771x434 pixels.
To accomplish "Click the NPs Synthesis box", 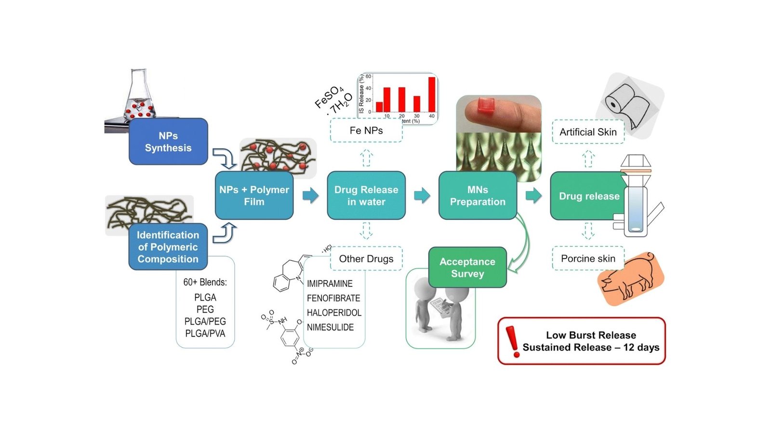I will click(168, 142).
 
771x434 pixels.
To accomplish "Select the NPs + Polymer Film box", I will click(254, 195).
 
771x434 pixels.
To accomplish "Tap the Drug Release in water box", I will click(366, 195).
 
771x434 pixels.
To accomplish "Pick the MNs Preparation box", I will click(478, 195).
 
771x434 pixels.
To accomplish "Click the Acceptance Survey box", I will click(467, 267).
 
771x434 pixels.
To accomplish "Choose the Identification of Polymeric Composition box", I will click(168, 246).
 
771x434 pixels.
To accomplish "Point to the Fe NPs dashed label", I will click(366, 131).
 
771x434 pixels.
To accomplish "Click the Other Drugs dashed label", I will click(366, 259).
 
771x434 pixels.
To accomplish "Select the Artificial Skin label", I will click(588, 132).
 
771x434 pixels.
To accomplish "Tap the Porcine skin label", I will click(588, 259).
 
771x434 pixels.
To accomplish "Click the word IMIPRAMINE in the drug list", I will click(330, 284).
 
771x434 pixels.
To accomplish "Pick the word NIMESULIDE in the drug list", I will click(330, 327).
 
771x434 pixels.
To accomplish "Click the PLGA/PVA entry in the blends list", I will click(205, 333).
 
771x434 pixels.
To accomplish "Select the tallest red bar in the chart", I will click(432, 94).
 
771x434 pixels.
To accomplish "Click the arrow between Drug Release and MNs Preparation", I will click(422, 195).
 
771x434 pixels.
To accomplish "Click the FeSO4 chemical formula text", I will click(329, 97).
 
